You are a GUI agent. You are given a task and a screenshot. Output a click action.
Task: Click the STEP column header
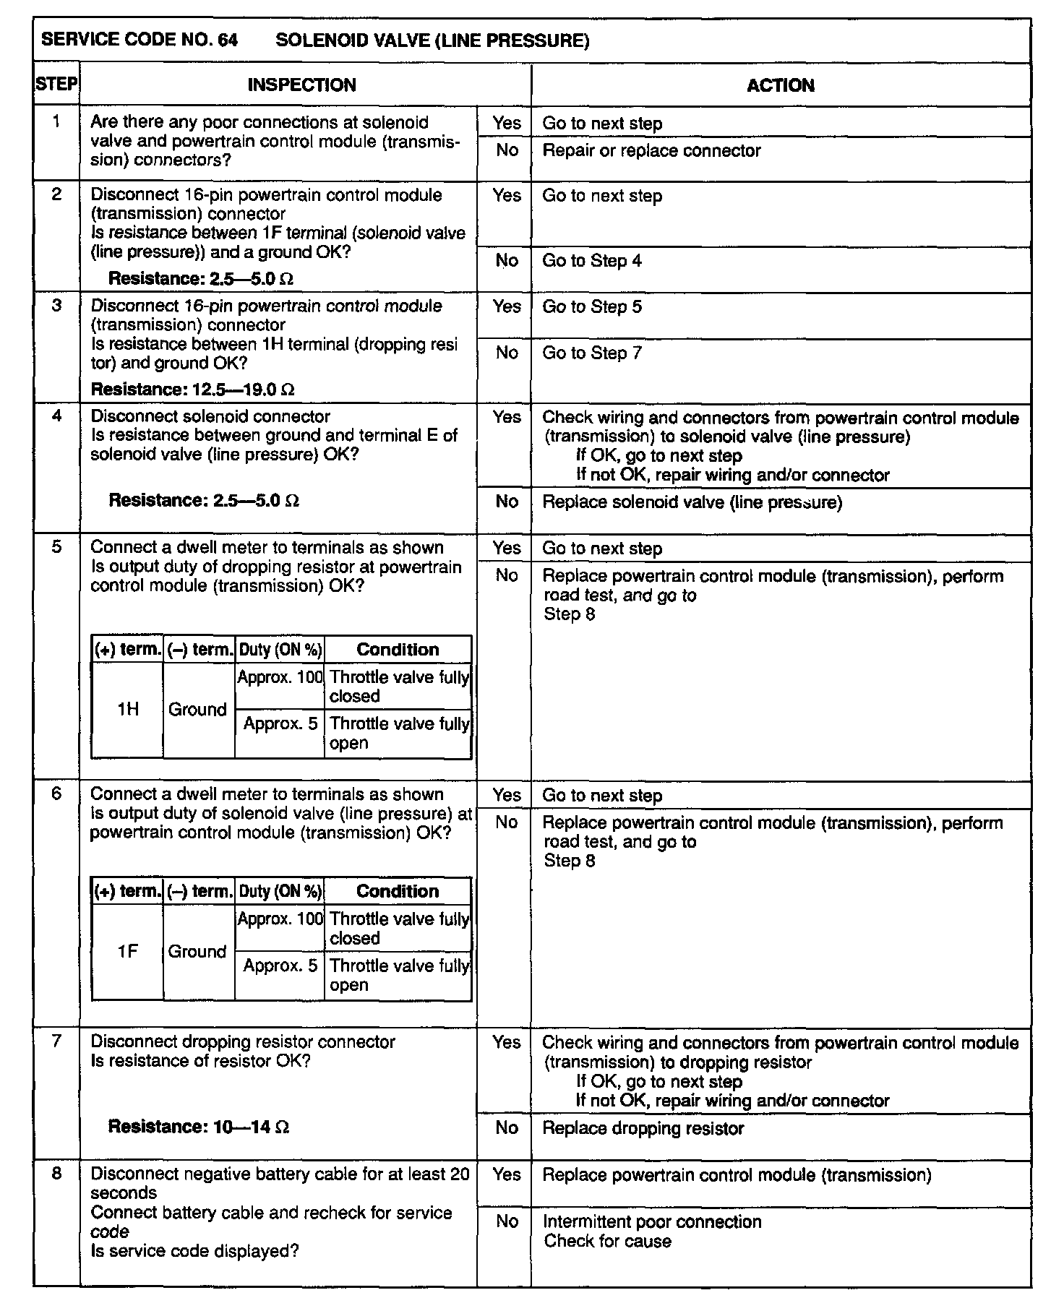pyautogui.click(x=56, y=85)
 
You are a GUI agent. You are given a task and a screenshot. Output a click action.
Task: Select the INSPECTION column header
pyautogui.click(x=301, y=85)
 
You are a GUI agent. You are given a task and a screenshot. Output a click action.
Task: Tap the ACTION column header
pyautogui.click(x=780, y=85)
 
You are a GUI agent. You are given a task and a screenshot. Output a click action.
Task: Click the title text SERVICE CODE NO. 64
pyautogui.click(x=140, y=40)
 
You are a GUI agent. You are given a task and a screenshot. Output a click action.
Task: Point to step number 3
pyautogui.click(x=56, y=305)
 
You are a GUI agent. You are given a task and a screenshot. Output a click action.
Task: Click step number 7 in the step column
pyautogui.click(x=56, y=1041)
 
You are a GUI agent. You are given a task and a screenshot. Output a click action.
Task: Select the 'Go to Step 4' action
pyautogui.click(x=591, y=261)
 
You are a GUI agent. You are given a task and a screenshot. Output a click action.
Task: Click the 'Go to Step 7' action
pyautogui.click(x=591, y=353)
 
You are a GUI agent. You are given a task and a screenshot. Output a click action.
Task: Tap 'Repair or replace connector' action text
pyautogui.click(x=651, y=151)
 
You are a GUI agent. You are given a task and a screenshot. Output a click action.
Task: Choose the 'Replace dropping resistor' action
pyautogui.click(x=643, y=1128)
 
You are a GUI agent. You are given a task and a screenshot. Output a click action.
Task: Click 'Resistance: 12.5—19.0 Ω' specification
pyautogui.click(x=192, y=390)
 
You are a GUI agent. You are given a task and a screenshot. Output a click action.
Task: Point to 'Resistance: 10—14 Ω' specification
pyautogui.click(x=199, y=1127)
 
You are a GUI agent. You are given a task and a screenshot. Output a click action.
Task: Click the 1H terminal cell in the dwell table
pyautogui.click(x=127, y=710)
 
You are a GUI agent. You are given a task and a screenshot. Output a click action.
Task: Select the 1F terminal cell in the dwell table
pyautogui.click(x=127, y=952)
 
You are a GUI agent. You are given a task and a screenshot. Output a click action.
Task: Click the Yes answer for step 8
pyautogui.click(x=506, y=1174)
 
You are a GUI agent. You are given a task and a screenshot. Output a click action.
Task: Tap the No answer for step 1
pyautogui.click(x=506, y=150)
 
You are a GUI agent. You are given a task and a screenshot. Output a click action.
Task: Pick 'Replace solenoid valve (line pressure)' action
pyautogui.click(x=692, y=502)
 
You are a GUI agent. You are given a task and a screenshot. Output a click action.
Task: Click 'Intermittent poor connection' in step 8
pyautogui.click(x=652, y=1221)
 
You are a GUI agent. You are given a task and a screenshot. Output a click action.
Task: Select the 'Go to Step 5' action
pyautogui.click(x=591, y=306)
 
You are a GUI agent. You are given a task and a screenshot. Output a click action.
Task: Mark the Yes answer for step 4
pyautogui.click(x=506, y=417)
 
